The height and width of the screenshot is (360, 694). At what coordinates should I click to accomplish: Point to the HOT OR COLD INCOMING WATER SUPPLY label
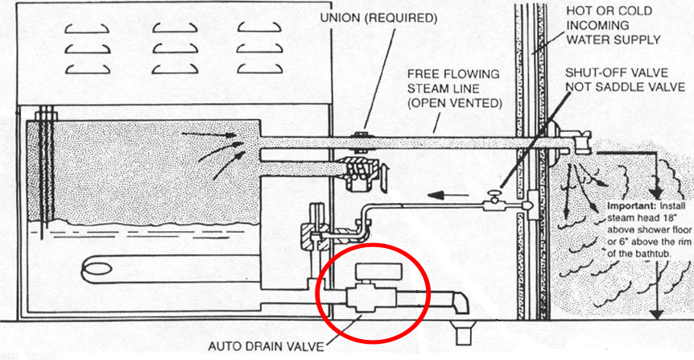coord(613,24)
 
